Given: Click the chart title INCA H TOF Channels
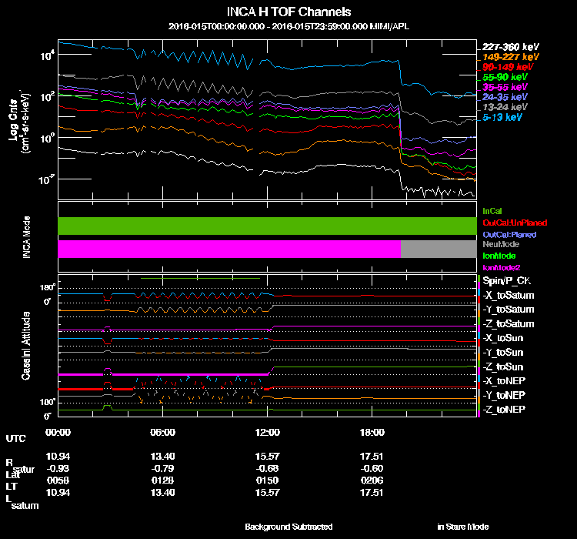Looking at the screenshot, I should coord(289,12).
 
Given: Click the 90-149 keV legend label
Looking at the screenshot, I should coord(507,67).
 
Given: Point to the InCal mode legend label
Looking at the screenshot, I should coord(492,210).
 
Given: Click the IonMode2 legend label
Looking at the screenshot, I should coord(501,266).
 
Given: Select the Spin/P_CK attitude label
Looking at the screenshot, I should coord(505,281).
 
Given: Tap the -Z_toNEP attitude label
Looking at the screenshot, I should coord(504,409).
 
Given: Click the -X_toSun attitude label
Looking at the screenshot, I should coord(503,338).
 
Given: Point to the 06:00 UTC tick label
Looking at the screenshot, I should coord(163,432).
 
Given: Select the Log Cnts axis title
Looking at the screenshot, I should coord(14,123).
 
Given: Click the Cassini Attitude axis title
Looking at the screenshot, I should coord(26,345).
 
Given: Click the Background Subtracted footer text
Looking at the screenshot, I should coord(288,527).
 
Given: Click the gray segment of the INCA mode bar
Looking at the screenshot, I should coord(438,249).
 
